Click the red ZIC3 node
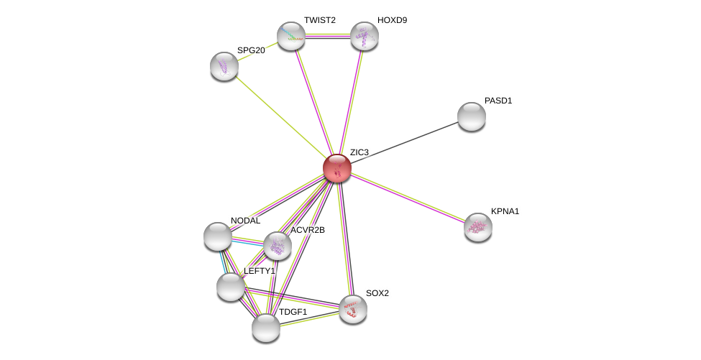point(336,168)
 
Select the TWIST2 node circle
point(291,36)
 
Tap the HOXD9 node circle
point(365,36)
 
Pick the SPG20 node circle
point(224,66)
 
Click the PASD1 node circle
point(472,116)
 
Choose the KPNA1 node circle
point(478,227)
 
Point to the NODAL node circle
point(218,236)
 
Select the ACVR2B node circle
point(278,246)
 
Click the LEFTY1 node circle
point(231,287)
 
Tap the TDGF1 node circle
point(266,328)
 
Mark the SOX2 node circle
point(353,309)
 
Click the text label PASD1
point(498,101)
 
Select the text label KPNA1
point(505,211)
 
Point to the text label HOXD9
point(392,20)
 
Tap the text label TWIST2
point(319,20)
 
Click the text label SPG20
point(251,50)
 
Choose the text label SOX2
point(377,293)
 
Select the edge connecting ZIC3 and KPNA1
point(408,198)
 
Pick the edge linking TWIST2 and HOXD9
point(328,35)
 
